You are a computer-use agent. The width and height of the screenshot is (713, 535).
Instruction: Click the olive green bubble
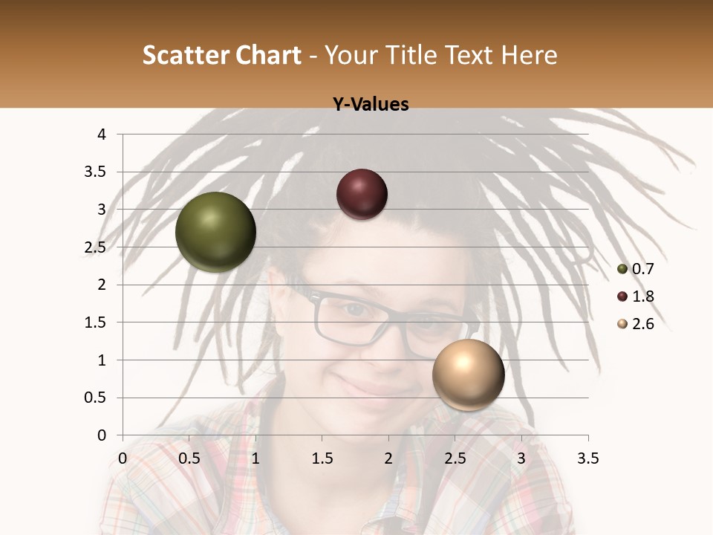coord(215,232)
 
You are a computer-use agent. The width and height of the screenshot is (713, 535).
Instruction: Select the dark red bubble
coord(362,194)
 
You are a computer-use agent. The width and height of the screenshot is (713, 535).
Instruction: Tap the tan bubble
coord(468,374)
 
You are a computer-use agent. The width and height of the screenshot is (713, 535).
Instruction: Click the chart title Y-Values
coord(370,105)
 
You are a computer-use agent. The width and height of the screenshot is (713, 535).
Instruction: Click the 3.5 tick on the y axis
coord(97,172)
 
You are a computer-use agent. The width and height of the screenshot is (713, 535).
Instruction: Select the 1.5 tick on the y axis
coord(97,322)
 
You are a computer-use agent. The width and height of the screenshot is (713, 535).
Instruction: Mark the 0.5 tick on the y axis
coord(97,398)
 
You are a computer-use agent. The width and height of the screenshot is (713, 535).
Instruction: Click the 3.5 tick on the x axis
coord(587,458)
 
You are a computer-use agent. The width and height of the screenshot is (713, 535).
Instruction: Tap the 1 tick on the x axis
coord(255,458)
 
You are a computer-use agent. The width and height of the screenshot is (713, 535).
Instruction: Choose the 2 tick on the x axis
coord(388,458)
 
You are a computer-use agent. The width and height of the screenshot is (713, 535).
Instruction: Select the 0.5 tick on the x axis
coord(189,458)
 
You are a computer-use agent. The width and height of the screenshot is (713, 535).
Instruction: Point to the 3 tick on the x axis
coord(521,458)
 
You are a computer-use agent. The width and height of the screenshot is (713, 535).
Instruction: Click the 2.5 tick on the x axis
coord(455,458)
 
